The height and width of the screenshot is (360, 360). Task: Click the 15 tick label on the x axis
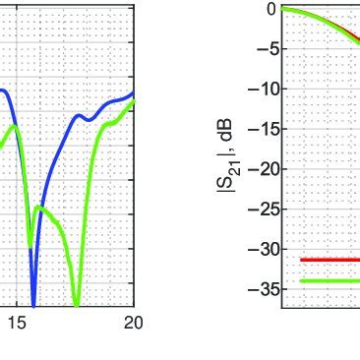pyautogui.click(x=17, y=323)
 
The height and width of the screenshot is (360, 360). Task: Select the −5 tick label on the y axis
pyautogui.click(x=264, y=49)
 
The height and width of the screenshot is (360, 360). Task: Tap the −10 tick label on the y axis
pyautogui.click(x=260, y=90)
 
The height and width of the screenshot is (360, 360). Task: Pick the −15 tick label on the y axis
pyautogui.click(x=260, y=129)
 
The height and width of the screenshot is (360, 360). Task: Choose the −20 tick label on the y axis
pyautogui.click(x=260, y=169)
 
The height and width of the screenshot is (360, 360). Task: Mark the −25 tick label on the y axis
pyautogui.click(x=260, y=210)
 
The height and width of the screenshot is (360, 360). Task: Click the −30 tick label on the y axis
pyautogui.click(x=260, y=250)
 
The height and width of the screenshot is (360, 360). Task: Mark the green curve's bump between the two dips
pyautogui.click(x=41, y=209)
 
